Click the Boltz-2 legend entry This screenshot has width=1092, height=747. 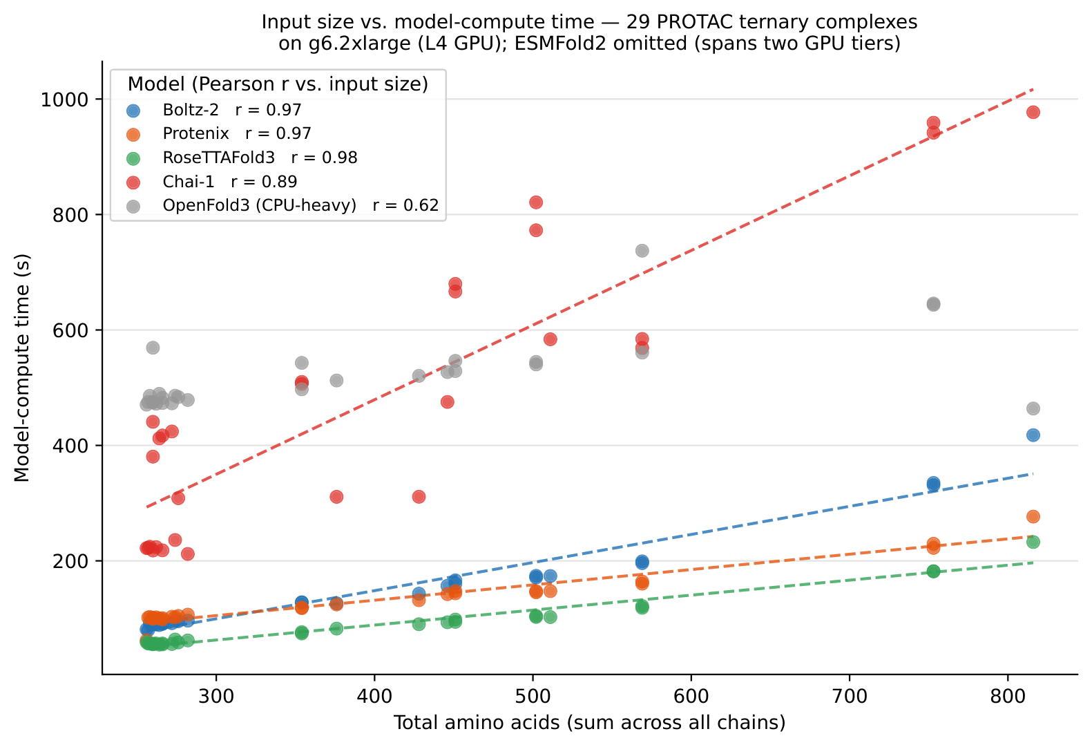coord(214,110)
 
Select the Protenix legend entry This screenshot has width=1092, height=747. coord(219,133)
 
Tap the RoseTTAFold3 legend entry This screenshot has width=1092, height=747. coord(242,158)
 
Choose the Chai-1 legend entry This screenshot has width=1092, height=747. coord(211,182)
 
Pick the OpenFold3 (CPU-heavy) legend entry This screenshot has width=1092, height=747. coord(282,206)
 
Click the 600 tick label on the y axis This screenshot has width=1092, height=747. coord(70,330)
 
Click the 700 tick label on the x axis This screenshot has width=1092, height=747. coord(850,696)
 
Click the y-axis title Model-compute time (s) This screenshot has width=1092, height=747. coord(22,368)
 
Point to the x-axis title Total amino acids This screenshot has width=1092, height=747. coord(477,723)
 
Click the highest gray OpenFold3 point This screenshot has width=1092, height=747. coord(642,251)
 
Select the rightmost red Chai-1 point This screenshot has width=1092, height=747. coord(1033,113)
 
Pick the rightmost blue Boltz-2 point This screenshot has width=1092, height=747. coord(1033,435)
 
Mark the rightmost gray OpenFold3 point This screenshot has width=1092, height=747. coord(1033,408)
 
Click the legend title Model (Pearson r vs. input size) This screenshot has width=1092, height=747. coord(278,84)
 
